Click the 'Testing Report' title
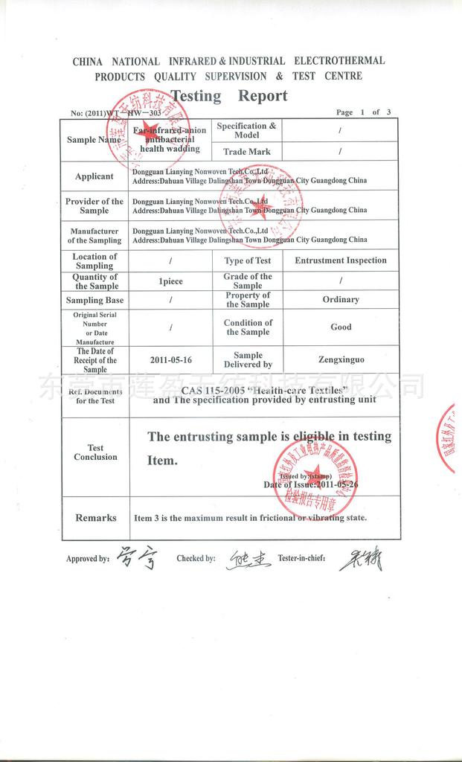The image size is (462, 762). [229, 96]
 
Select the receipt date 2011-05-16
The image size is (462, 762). [171, 359]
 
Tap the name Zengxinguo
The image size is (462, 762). [341, 359]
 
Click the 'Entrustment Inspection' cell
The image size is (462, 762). [341, 260]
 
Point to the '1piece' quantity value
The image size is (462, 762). [171, 281]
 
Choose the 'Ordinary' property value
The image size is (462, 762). [341, 299]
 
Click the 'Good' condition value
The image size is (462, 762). [341, 327]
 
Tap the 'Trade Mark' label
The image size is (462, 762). [246, 152]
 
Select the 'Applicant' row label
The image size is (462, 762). [94, 176]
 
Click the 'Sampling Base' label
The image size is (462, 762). [94, 300]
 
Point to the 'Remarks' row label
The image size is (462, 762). [95, 518]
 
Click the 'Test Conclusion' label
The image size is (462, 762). [95, 452]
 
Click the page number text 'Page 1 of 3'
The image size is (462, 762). [363, 112]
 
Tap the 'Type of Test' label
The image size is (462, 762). [248, 260]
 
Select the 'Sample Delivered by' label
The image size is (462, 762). [248, 360]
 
